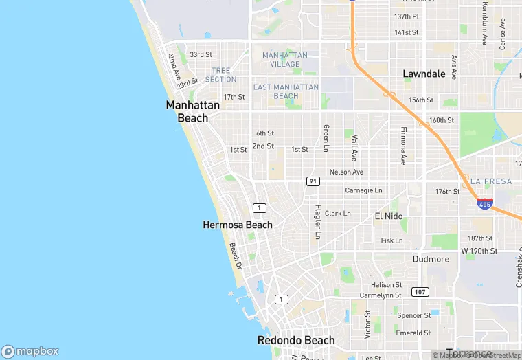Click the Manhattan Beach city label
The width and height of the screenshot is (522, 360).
[193, 111]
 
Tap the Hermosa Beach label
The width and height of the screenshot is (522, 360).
[238, 225]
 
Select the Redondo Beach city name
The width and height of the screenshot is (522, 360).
[296, 340]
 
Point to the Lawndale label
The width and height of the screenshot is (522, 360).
[424, 74]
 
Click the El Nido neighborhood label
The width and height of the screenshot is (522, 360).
[388, 216]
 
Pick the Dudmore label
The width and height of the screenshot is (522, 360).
[431, 259]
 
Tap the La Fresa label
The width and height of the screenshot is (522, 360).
[491, 181]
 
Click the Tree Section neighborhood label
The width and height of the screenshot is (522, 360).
[221, 75]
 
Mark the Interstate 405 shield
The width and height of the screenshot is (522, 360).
[484, 203]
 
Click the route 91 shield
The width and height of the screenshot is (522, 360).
[313, 181]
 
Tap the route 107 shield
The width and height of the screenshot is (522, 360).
[420, 292]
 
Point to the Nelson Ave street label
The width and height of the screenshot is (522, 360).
[346, 172]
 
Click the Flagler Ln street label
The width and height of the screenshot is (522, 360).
[317, 222]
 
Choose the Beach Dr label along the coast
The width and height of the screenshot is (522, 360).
[236, 255]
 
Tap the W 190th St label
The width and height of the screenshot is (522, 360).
[479, 251]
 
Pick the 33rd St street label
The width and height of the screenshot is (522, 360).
[201, 54]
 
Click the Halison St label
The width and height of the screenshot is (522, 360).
[386, 284]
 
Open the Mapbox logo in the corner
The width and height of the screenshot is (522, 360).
[30, 351]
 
